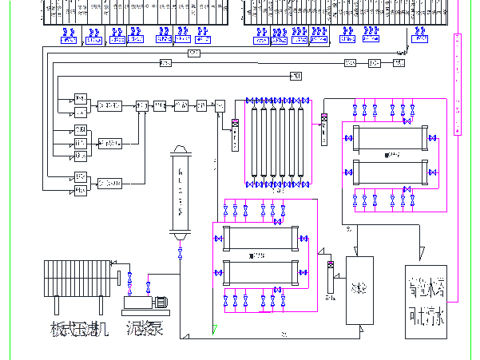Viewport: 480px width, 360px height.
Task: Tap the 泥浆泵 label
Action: point(145,327)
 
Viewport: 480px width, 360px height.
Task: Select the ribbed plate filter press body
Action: point(77,278)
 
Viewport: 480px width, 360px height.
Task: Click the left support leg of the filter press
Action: point(56,306)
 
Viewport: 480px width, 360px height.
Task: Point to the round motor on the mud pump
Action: point(160,302)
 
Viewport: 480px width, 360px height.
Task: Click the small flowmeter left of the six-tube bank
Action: point(235,133)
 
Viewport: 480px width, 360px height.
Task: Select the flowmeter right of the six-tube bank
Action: point(325,129)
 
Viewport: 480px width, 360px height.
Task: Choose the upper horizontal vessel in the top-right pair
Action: point(391,139)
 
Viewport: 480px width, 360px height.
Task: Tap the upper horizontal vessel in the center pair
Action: point(258,239)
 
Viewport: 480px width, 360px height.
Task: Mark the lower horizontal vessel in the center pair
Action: point(258,272)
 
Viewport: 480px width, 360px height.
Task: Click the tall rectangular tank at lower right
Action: point(360,289)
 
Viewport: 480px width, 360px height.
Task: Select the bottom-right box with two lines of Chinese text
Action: point(425,304)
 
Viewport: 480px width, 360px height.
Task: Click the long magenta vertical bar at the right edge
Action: point(457,85)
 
